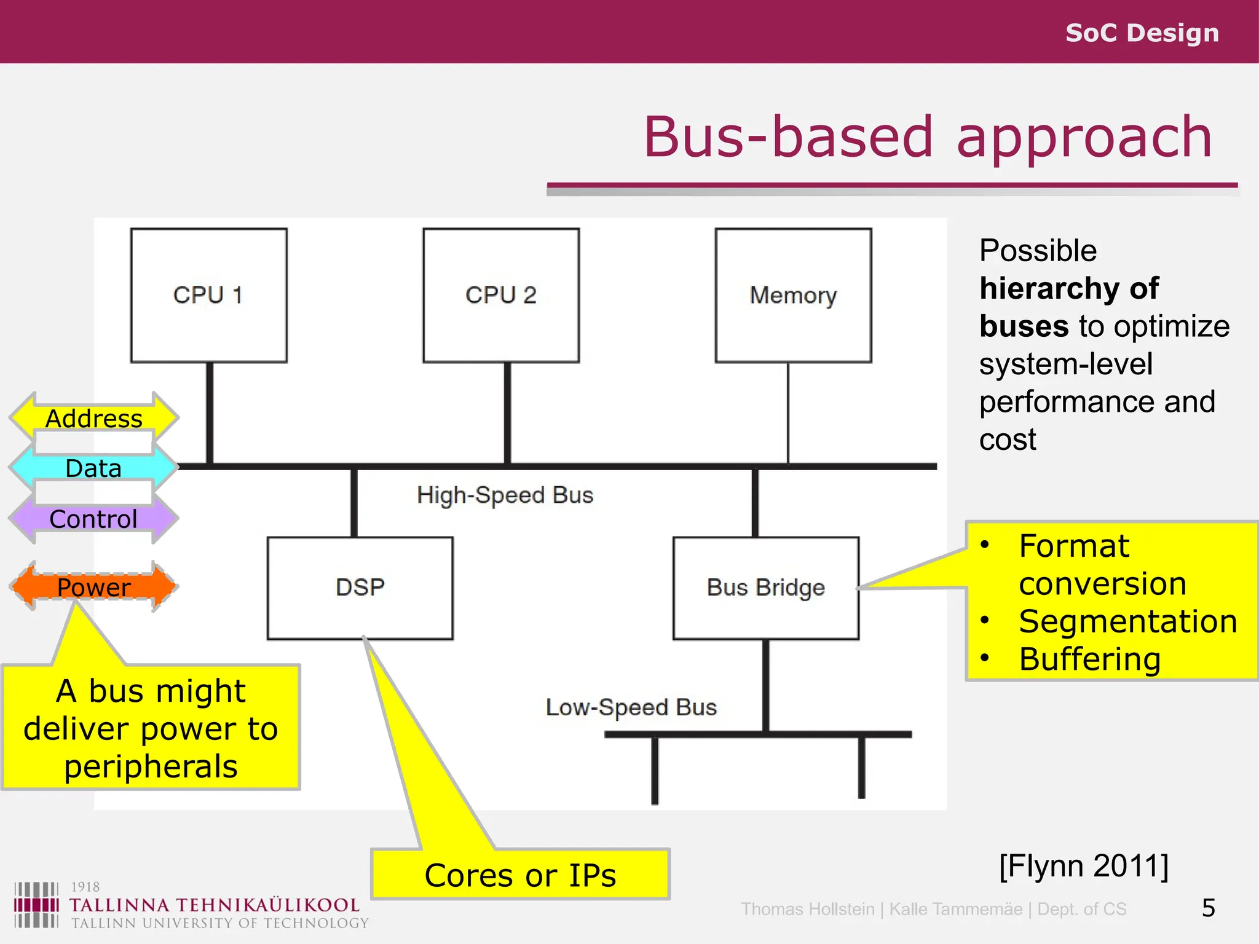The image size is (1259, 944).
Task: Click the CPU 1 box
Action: point(208,295)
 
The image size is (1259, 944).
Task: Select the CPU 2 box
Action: point(500,295)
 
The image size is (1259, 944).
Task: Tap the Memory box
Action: point(793,295)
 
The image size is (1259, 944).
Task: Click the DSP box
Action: point(360,588)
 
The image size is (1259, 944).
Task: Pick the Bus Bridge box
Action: point(765,588)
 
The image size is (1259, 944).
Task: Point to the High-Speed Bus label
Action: point(505,495)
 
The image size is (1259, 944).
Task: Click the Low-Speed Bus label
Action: point(631,707)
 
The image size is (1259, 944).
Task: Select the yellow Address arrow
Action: point(94,419)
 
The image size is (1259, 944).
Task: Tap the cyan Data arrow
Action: point(94,468)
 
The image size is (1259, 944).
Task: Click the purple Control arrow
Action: point(94,519)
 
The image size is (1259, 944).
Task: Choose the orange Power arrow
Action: point(94,587)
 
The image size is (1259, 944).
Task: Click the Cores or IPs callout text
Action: point(520,876)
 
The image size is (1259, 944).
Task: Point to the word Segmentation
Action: point(1127,621)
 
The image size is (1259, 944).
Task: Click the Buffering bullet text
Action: point(1089,659)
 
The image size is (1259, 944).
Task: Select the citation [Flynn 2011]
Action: point(1084,866)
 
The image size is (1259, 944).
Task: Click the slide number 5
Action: point(1208,908)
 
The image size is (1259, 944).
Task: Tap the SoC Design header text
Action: point(1142,33)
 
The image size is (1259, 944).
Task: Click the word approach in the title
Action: point(1084,138)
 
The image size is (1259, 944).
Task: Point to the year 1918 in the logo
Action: point(85,887)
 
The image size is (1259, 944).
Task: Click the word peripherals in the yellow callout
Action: point(151,767)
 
